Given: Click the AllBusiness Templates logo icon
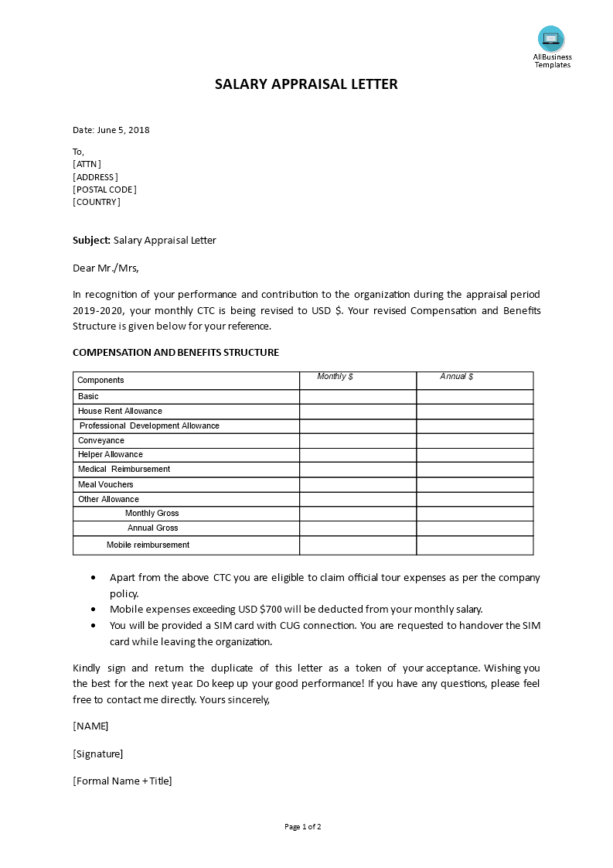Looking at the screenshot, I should pyautogui.click(x=551, y=39).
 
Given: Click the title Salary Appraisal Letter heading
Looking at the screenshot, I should pyautogui.click(x=306, y=84).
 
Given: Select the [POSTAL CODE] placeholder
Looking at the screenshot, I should pyautogui.click(x=104, y=190).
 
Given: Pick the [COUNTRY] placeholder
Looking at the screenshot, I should pyautogui.click(x=97, y=202).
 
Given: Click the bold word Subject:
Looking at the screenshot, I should pyautogui.click(x=91, y=241).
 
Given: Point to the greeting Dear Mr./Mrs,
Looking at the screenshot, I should pyautogui.click(x=106, y=268).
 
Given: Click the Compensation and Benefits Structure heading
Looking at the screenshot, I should pyautogui.click(x=175, y=353).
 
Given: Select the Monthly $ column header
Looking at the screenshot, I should pyautogui.click(x=335, y=377).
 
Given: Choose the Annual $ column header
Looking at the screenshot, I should pyautogui.click(x=457, y=377).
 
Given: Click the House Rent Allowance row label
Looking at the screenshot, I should pyautogui.click(x=120, y=411).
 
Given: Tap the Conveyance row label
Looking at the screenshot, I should pyautogui.click(x=100, y=440).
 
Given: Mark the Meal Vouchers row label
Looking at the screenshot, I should pyautogui.click(x=105, y=484).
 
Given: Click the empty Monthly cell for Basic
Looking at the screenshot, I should pyautogui.click(x=358, y=396).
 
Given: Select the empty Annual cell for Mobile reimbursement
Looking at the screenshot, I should pyautogui.click(x=475, y=545).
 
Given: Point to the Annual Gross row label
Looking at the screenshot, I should pyautogui.click(x=152, y=528).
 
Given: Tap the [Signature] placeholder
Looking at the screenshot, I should pyautogui.click(x=98, y=754).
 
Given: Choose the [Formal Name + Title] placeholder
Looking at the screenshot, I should pyautogui.click(x=122, y=781).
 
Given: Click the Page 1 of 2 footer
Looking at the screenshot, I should pyautogui.click(x=302, y=827).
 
